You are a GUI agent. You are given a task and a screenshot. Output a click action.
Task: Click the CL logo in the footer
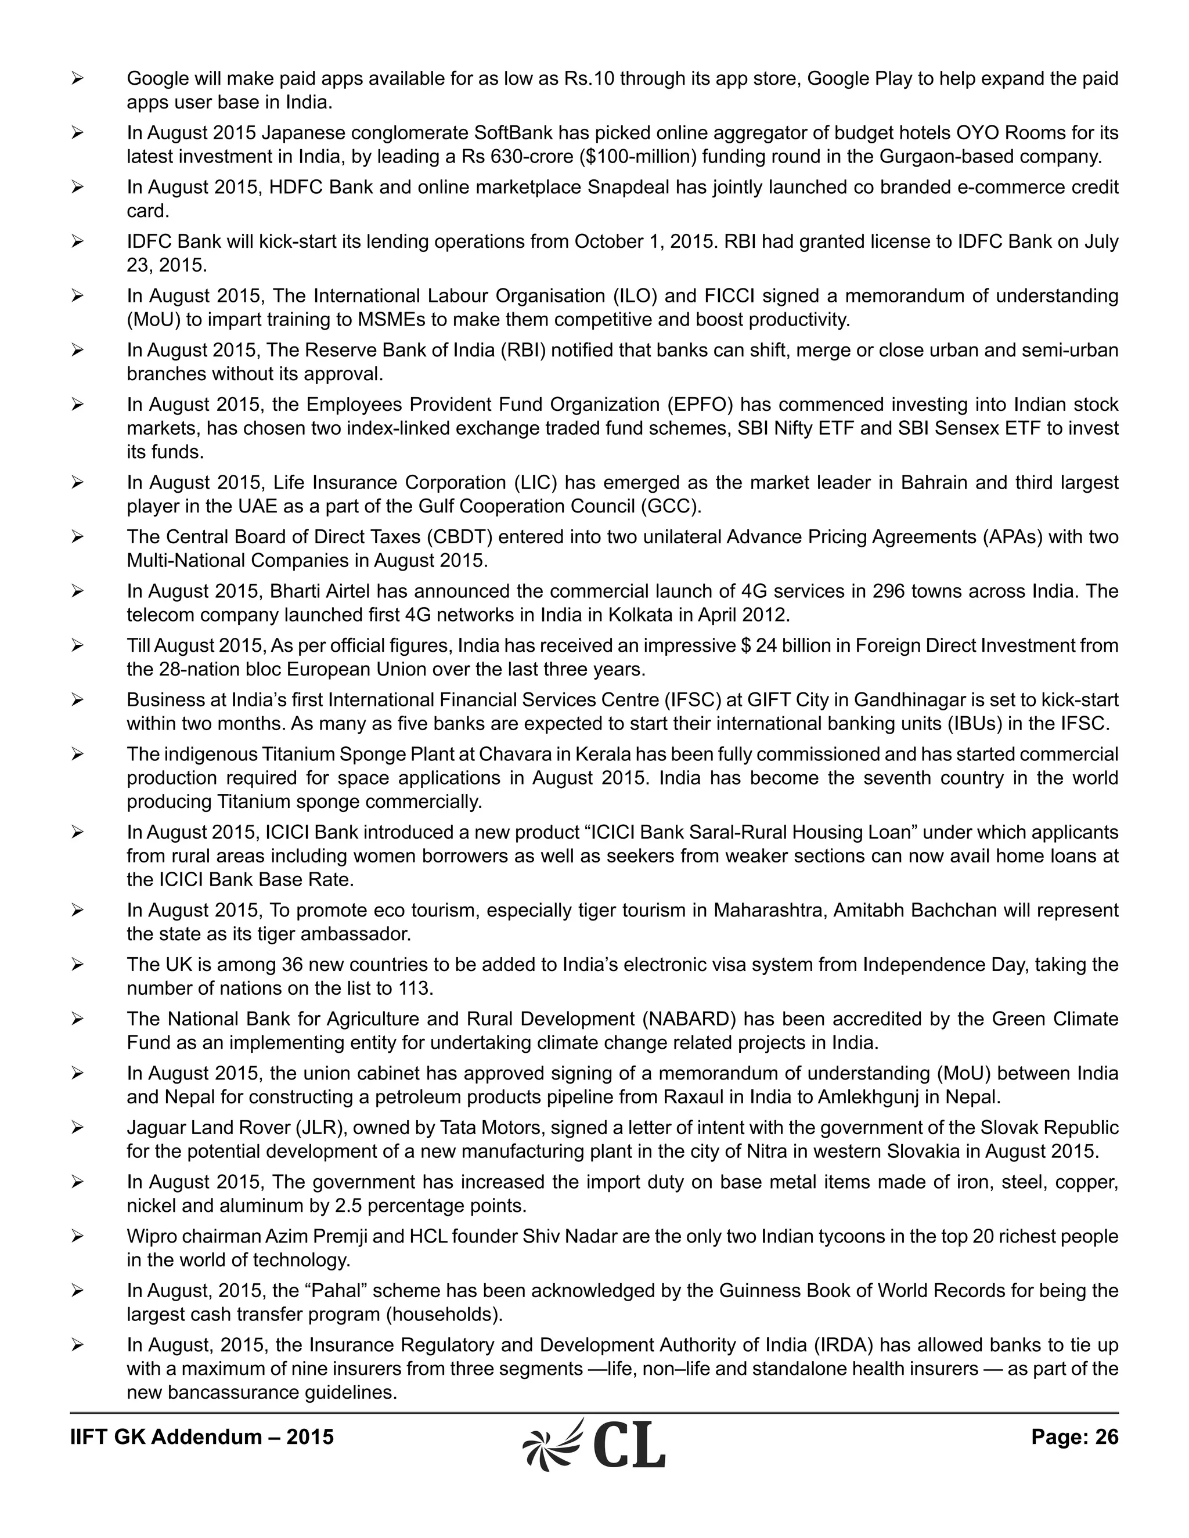pyautogui.click(x=594, y=1445)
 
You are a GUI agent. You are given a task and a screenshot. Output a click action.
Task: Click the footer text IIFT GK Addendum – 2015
pyautogui.click(x=201, y=1436)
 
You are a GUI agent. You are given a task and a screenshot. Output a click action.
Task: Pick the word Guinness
pyautogui.click(x=758, y=1291)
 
